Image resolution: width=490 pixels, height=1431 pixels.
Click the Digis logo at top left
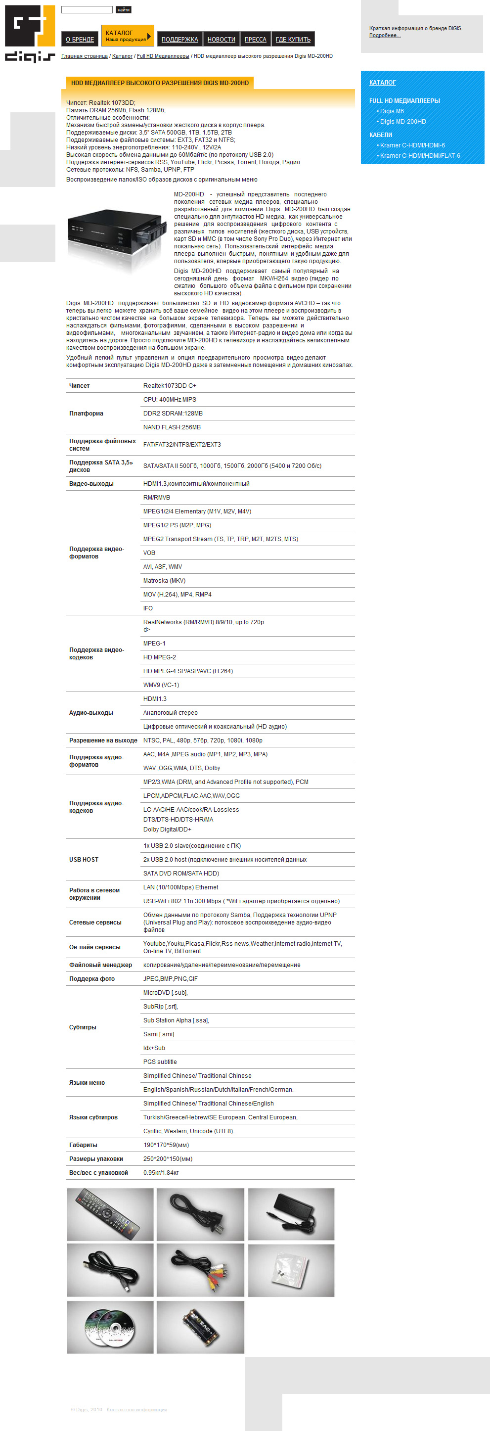coord(30,33)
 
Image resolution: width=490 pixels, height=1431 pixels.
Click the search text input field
coord(87,9)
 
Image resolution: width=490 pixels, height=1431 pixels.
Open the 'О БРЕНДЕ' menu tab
coord(80,40)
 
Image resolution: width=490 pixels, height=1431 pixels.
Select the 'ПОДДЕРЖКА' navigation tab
coord(179,40)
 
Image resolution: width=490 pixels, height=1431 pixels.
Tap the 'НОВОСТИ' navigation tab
coord(221,40)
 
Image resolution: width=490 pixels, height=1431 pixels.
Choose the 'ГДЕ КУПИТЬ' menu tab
coord(293,40)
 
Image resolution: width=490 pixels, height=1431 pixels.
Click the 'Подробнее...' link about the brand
coord(385,36)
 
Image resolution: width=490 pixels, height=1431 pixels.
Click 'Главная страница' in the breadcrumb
coord(85,56)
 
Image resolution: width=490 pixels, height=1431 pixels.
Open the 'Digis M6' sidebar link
coord(392,111)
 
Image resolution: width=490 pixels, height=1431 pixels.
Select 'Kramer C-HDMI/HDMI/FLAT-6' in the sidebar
coord(419,155)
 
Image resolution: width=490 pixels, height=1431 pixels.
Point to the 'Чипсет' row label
coord(80,385)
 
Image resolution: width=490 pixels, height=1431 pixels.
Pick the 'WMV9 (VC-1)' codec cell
coord(161,685)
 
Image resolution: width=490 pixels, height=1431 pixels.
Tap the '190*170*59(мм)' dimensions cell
coord(166,1145)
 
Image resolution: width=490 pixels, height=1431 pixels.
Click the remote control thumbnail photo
coord(110,1214)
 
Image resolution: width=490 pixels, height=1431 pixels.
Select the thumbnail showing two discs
coord(110,1327)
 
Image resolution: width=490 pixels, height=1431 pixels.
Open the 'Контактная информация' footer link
coord(136,1410)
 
